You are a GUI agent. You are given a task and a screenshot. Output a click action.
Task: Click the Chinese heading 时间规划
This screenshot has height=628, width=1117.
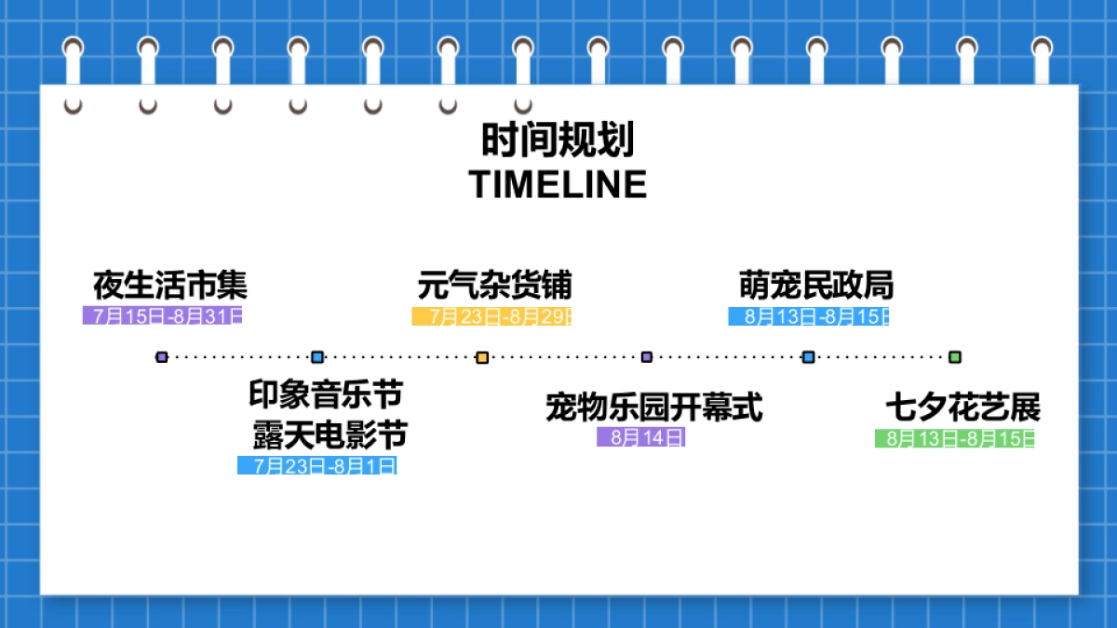point(558,141)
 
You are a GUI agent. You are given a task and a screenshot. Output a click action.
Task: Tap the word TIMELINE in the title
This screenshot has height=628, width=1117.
point(558,184)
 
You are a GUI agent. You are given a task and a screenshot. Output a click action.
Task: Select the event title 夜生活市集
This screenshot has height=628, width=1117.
point(170,285)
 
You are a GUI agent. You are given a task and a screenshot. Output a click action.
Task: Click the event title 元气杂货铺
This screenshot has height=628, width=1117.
point(494,285)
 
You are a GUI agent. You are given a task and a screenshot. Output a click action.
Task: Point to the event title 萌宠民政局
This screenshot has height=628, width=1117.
point(816,285)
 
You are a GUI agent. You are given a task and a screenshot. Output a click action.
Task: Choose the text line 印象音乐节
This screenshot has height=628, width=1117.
point(326,394)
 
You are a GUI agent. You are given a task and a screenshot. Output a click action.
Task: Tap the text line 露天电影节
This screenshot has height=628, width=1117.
point(330,434)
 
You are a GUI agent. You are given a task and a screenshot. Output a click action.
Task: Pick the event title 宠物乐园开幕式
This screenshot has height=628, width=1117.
point(653,408)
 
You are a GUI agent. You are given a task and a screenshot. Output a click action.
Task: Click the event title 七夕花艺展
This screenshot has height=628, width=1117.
point(962,408)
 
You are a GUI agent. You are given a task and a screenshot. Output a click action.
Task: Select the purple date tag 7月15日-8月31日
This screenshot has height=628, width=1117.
point(162,315)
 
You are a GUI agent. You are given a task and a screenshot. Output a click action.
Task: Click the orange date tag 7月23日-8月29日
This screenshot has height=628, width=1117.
point(491,316)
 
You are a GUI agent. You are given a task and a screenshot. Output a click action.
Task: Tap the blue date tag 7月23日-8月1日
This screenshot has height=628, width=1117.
point(317,465)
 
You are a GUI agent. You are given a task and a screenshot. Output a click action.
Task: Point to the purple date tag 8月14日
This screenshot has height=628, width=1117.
point(641,437)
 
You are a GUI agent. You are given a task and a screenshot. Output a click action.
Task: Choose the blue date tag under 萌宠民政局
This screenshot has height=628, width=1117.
point(808,316)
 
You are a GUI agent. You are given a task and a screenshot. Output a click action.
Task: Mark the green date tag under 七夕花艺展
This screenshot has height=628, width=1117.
point(954,438)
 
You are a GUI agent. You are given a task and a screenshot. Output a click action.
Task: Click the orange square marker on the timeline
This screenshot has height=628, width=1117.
point(482,357)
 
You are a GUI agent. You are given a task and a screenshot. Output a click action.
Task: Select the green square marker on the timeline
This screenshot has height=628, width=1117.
point(954,357)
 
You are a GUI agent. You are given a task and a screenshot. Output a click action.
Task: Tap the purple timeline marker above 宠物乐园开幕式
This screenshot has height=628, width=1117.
point(647,357)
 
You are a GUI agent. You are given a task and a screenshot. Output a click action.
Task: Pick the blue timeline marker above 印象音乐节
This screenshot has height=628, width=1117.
point(317,357)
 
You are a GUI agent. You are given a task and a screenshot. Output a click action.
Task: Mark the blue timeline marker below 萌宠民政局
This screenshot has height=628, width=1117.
point(808,357)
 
